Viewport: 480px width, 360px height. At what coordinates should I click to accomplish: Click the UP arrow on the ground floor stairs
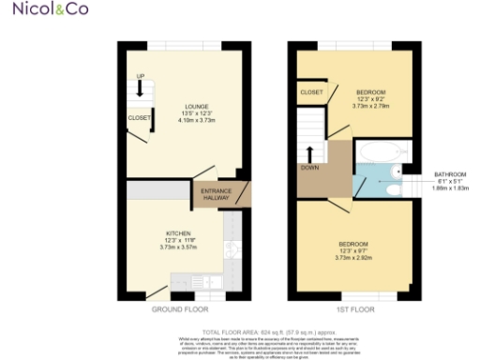click(141, 88)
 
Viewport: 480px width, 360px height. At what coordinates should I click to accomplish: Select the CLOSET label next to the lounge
click(139, 118)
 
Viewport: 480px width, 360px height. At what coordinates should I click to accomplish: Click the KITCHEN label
click(179, 232)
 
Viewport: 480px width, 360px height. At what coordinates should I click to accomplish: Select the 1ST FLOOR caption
click(354, 308)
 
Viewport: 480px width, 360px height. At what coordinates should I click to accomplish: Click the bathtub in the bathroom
click(381, 152)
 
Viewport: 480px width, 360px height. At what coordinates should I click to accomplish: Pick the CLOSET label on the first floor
click(312, 92)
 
